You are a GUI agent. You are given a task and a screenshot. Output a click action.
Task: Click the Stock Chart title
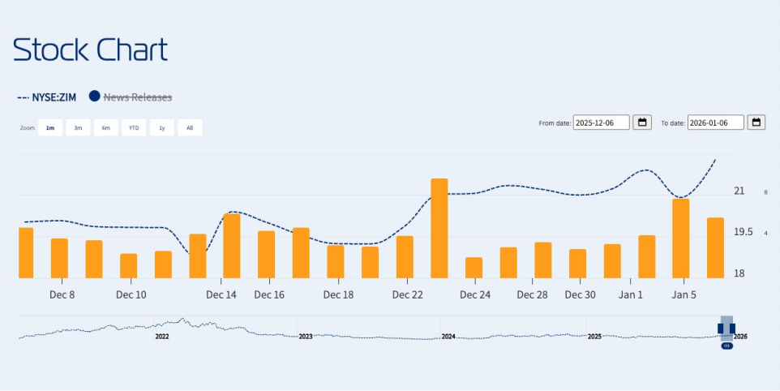click(90, 50)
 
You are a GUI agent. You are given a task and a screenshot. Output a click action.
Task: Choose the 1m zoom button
click(50, 127)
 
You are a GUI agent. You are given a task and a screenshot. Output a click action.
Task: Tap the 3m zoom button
click(78, 127)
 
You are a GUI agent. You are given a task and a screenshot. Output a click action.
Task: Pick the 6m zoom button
click(105, 127)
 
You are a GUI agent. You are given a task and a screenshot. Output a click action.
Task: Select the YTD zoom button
click(134, 127)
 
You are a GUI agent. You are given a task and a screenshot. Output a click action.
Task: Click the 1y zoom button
click(161, 127)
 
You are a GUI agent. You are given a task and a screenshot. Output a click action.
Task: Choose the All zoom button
click(190, 127)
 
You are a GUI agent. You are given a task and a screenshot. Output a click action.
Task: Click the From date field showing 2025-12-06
click(601, 122)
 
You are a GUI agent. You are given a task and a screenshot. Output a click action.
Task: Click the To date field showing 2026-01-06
click(715, 122)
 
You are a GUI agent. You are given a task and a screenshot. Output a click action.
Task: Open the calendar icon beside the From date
click(642, 122)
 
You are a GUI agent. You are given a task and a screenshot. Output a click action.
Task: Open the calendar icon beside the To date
click(756, 122)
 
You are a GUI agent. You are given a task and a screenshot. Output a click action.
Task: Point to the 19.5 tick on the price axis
click(744, 233)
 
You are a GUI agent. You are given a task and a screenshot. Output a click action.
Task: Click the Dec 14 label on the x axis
click(221, 295)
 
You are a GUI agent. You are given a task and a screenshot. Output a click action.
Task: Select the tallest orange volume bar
click(439, 228)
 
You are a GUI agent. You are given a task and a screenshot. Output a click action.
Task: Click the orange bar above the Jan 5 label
click(681, 238)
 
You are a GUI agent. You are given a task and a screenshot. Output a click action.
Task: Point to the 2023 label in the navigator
click(305, 336)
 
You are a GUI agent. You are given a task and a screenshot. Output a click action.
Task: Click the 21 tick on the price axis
click(739, 191)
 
